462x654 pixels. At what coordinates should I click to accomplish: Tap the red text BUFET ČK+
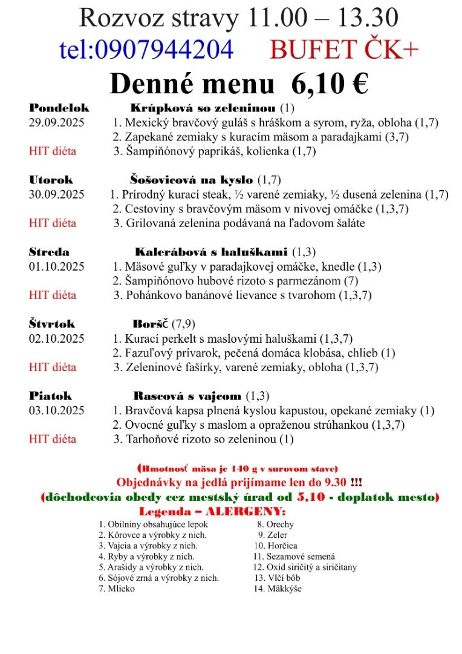pyautogui.click(x=344, y=50)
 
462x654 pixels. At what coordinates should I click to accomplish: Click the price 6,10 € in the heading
pyautogui.click(x=330, y=84)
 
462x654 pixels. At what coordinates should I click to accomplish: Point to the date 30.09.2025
pyautogui.click(x=57, y=194)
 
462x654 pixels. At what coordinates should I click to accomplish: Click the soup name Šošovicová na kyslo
pyautogui.click(x=192, y=180)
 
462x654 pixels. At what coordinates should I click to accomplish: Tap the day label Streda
pyautogui.click(x=49, y=252)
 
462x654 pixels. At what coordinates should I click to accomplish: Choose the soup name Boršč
pyautogui.click(x=151, y=324)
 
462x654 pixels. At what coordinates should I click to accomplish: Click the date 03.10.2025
pyautogui.click(x=57, y=411)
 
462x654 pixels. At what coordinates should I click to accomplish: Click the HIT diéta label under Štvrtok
pyautogui.click(x=53, y=367)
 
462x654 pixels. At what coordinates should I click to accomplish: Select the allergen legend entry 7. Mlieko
pyautogui.click(x=117, y=589)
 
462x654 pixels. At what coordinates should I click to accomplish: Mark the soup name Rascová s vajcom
pyautogui.click(x=187, y=396)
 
